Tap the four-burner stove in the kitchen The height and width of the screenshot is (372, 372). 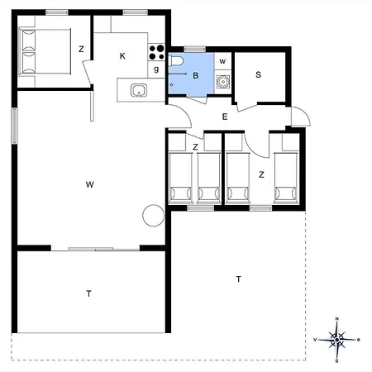point(155,51)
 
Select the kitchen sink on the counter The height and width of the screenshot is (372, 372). point(138,89)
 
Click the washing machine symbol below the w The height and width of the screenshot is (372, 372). point(222,81)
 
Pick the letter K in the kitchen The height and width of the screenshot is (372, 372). point(122,56)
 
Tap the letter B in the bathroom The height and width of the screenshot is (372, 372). point(195,76)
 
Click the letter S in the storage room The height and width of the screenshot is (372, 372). point(258,74)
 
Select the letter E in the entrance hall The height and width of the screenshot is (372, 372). point(224,117)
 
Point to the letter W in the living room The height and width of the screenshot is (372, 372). point(88,184)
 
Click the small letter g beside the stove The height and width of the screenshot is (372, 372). point(155,69)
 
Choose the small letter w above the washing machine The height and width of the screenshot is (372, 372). point(222,61)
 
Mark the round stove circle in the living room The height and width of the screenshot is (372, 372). point(153,216)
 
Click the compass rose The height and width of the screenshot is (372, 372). point(337,338)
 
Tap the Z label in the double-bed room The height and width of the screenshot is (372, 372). point(81,50)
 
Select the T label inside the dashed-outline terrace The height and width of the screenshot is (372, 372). point(238,279)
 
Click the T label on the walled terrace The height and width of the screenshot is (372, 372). point(88,293)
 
